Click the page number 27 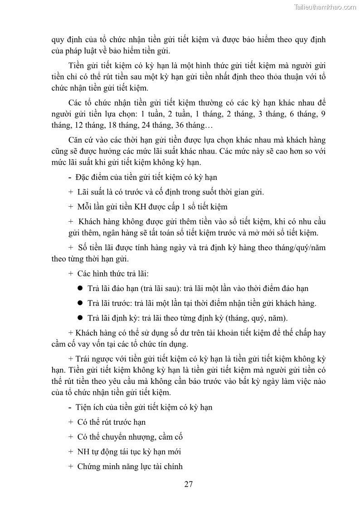[189, 484]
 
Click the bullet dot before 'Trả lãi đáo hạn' [80, 288]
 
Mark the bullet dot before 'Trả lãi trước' [80, 303]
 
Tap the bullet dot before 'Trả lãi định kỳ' [80, 317]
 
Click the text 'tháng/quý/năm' [301, 247]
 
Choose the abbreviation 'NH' [83, 451]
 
